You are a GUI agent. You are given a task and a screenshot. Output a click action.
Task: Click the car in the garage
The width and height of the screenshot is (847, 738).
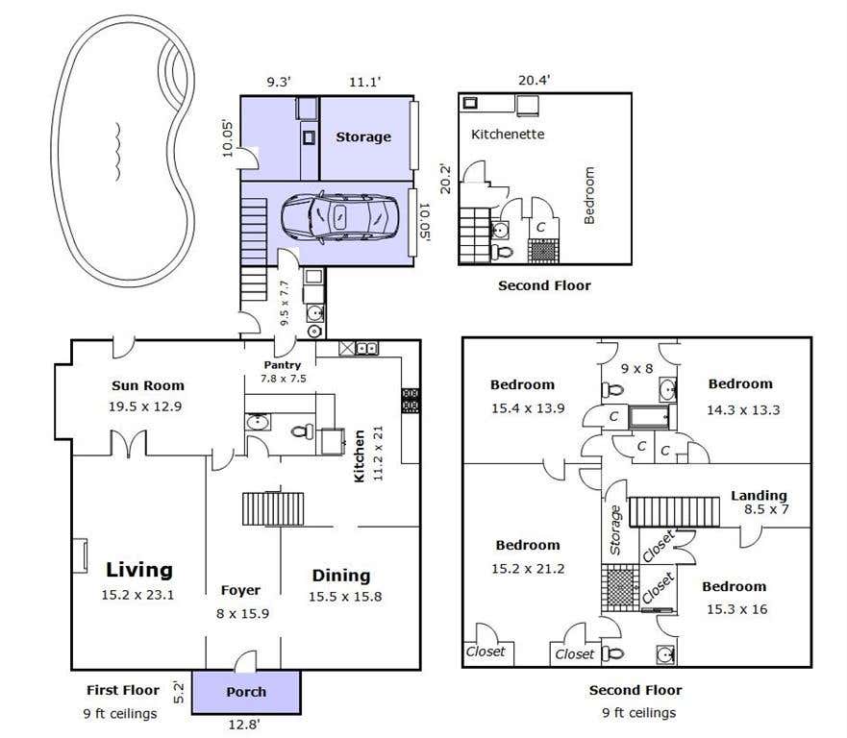point(339,217)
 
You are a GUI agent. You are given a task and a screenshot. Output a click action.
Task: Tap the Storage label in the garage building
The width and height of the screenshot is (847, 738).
point(363,137)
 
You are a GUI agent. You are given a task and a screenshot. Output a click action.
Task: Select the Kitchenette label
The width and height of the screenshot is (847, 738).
point(508,134)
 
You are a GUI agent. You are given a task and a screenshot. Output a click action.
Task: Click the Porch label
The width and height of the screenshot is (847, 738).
point(246,692)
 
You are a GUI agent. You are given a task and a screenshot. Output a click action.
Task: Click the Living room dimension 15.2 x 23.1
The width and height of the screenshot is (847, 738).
point(137,595)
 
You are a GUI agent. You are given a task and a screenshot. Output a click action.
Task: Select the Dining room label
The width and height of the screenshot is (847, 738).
point(341,576)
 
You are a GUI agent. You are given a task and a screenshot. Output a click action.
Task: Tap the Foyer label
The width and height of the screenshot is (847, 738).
point(240,591)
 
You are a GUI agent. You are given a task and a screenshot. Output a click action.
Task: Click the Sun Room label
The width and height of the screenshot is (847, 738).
point(148,385)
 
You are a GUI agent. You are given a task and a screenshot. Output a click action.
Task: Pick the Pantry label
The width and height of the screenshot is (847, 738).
point(282,365)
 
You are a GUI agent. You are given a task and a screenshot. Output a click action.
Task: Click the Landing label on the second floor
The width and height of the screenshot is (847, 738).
point(759,496)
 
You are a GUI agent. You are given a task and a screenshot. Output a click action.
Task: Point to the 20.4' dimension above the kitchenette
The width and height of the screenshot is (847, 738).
point(534,81)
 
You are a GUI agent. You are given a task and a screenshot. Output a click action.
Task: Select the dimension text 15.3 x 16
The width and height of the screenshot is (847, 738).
point(736,609)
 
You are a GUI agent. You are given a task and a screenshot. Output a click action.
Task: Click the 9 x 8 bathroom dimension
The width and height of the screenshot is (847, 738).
point(636,369)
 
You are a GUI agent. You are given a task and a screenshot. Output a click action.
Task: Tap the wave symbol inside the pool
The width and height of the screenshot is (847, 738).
point(116,152)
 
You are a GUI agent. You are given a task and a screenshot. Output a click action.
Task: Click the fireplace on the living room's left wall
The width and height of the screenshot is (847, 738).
point(80,555)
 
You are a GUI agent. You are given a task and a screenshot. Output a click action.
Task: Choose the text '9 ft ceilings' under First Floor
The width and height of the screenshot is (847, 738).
point(120,714)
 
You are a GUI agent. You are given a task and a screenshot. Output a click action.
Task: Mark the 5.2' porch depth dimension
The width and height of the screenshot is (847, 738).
point(178,693)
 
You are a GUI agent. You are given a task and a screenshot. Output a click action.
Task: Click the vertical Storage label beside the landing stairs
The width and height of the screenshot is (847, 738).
point(615,530)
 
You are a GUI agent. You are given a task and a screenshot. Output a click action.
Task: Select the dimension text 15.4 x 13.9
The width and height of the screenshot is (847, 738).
point(528,408)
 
